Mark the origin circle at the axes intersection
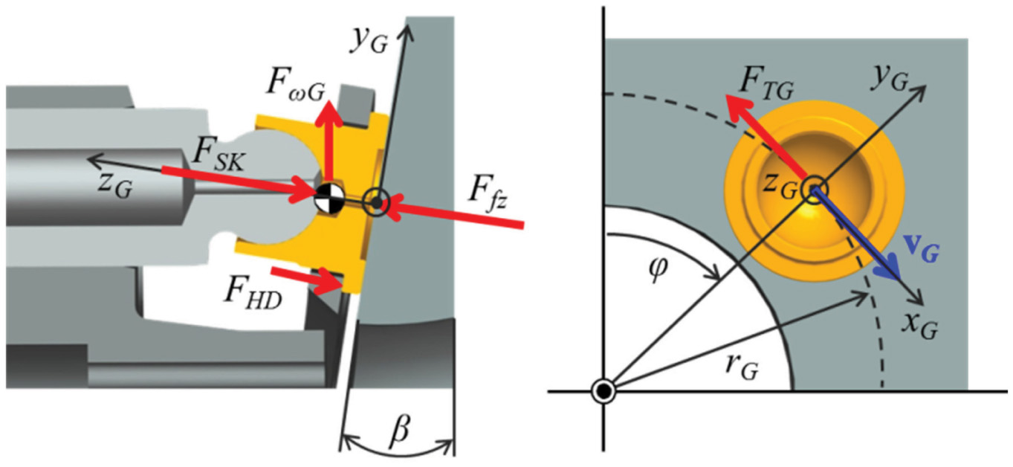coord(603,390)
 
